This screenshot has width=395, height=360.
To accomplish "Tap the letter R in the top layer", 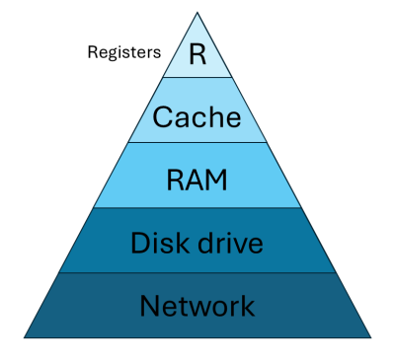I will tap(197, 53).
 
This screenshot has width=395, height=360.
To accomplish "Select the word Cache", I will tap(197, 117).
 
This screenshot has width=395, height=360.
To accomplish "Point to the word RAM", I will tap(197, 180).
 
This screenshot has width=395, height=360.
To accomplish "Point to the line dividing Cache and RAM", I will tap(197, 142).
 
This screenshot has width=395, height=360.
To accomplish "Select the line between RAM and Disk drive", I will tap(197, 207).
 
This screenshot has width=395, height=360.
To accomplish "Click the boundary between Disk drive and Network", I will tap(197, 273).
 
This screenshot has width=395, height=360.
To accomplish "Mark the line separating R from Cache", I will tap(197, 77).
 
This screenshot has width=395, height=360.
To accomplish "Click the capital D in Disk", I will tap(139, 242).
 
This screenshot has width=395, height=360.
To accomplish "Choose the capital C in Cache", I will tap(163, 117).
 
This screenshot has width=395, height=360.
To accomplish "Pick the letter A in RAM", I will tap(197, 180).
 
